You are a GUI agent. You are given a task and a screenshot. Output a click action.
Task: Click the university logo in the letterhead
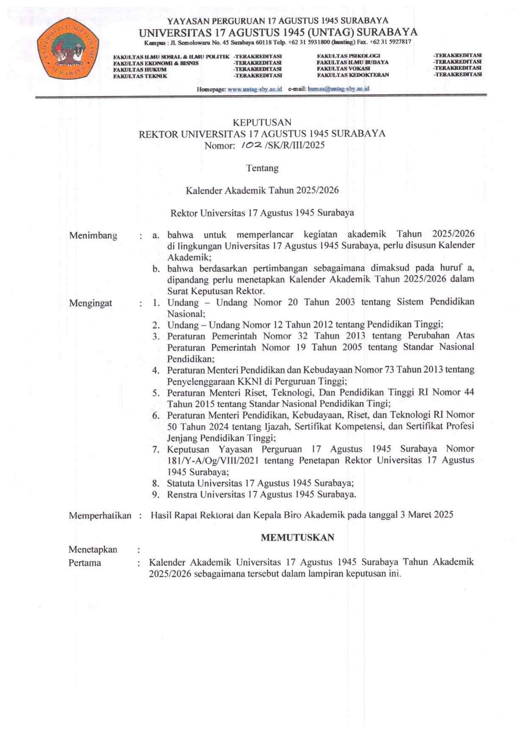[67, 49]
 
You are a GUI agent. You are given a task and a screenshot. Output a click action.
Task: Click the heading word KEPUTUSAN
[262, 122]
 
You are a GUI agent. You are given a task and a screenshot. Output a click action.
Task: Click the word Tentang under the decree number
[262, 168]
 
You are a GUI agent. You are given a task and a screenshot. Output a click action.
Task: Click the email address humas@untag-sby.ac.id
[338, 89]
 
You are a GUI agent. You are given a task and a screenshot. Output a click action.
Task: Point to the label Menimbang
[93, 236]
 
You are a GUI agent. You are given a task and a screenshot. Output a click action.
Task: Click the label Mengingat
[90, 303]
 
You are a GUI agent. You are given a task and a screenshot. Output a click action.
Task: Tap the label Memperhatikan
[100, 516]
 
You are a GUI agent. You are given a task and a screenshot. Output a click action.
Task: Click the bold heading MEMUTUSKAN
[298, 537]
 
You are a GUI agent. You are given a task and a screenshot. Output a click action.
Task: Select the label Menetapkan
[93, 550]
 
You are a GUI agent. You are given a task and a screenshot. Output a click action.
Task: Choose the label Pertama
[84, 563]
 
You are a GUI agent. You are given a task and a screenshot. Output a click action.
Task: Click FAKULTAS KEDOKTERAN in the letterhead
[352, 75]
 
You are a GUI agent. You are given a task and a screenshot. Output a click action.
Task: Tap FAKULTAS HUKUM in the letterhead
[140, 69]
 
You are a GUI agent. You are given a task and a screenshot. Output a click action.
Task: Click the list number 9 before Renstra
[155, 495]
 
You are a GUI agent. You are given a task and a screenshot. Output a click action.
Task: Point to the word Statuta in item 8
[181, 483]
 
